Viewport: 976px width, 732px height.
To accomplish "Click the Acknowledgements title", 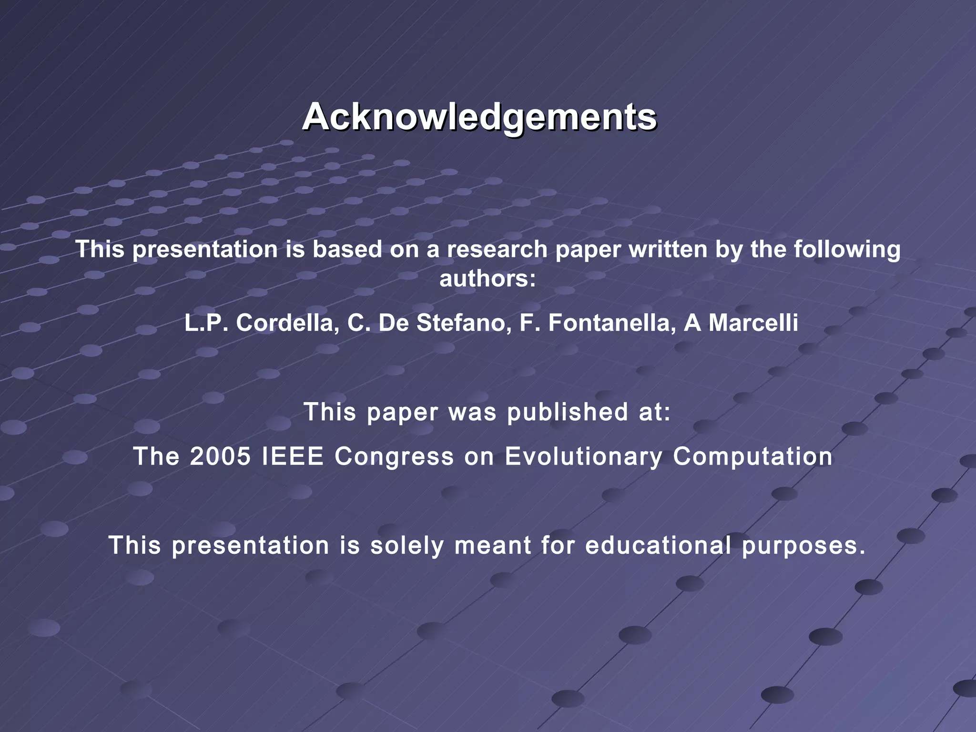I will click(x=479, y=117).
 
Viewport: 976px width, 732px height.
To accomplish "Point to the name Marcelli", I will click(x=753, y=323).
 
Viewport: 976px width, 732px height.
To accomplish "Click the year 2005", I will click(x=220, y=456).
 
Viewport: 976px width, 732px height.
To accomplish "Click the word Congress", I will click(x=394, y=456).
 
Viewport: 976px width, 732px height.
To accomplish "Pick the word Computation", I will click(x=752, y=456).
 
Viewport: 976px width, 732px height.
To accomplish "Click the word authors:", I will click(x=488, y=279).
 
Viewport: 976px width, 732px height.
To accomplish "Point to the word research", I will click(x=497, y=249).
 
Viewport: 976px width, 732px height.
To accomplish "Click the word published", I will click(x=568, y=412).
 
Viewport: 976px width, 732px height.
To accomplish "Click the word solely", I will click(x=407, y=545).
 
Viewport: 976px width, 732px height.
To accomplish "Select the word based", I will click(x=347, y=249).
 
